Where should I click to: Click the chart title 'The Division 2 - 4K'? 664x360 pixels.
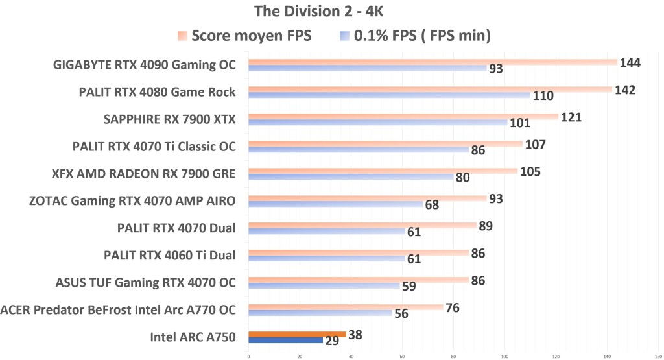pos(331,11)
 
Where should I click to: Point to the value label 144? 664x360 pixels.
pos(630,63)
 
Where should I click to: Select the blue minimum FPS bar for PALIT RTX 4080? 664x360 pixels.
pos(389,95)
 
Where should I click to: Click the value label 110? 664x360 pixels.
pos(543,96)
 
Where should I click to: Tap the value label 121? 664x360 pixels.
pos(571,117)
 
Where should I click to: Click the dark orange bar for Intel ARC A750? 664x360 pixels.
pos(297,334)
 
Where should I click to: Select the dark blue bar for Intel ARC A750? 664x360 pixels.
pos(285,340)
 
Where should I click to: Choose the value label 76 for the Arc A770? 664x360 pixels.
pos(453,307)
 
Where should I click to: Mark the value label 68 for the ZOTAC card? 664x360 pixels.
pos(432,205)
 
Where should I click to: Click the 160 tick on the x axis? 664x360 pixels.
pos(658,355)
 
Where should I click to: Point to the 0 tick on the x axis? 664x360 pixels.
pos(248,355)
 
